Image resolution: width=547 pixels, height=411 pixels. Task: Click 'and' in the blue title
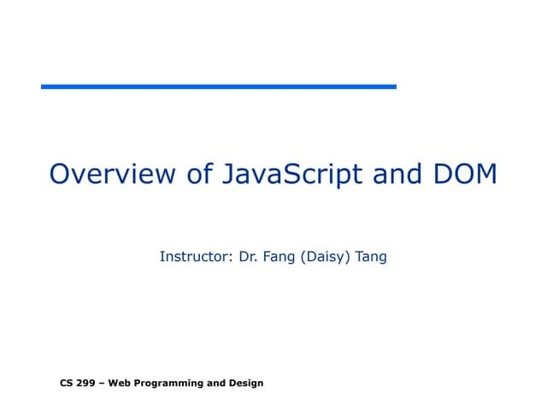397,174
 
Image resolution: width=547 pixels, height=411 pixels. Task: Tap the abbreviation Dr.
250,256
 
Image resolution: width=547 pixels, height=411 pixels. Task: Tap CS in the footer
67,383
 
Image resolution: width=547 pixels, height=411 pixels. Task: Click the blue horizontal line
219,86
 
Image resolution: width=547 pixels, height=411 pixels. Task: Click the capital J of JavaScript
228,174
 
